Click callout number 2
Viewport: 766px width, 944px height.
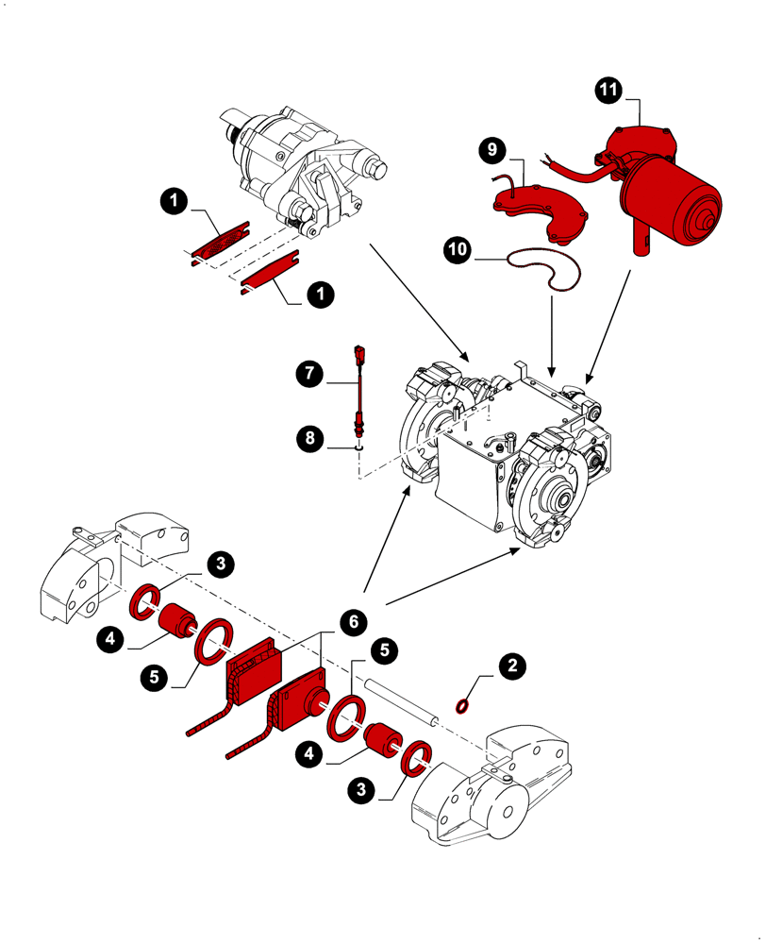[x=512, y=666]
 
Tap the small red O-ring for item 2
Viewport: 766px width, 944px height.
[x=463, y=705]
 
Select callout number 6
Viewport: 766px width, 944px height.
[x=350, y=621]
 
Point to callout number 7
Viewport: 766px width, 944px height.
[x=309, y=374]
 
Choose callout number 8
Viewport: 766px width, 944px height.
[x=309, y=437]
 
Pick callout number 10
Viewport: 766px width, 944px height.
[x=458, y=249]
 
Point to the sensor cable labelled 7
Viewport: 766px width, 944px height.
[x=360, y=387]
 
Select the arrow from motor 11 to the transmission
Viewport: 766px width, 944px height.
[x=609, y=326]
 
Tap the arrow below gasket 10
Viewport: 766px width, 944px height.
[x=551, y=330]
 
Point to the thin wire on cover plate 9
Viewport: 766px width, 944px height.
[x=513, y=178]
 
